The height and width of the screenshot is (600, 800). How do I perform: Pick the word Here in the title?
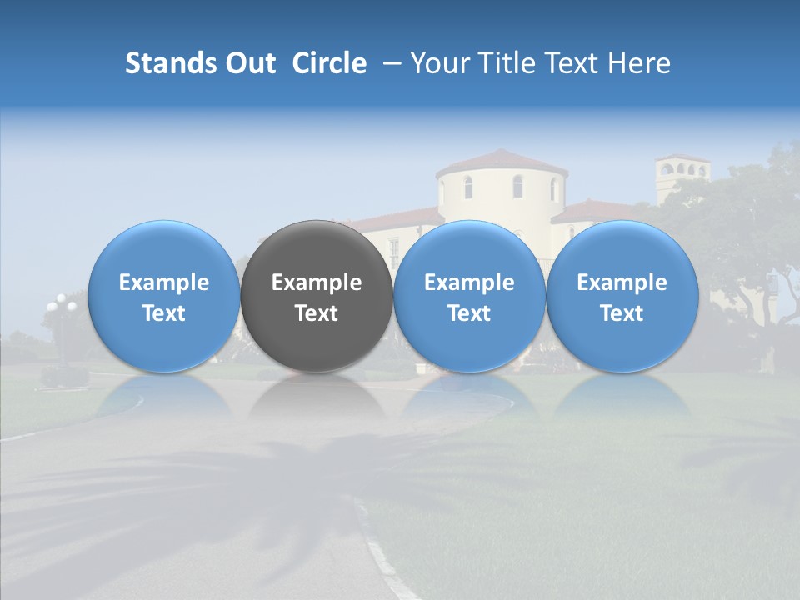click(641, 63)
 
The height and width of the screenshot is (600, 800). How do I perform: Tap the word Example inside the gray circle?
click(317, 282)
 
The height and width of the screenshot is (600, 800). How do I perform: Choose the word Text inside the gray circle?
click(317, 313)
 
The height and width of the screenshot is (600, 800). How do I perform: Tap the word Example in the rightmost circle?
click(622, 282)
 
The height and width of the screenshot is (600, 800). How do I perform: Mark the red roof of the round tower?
click(502, 161)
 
